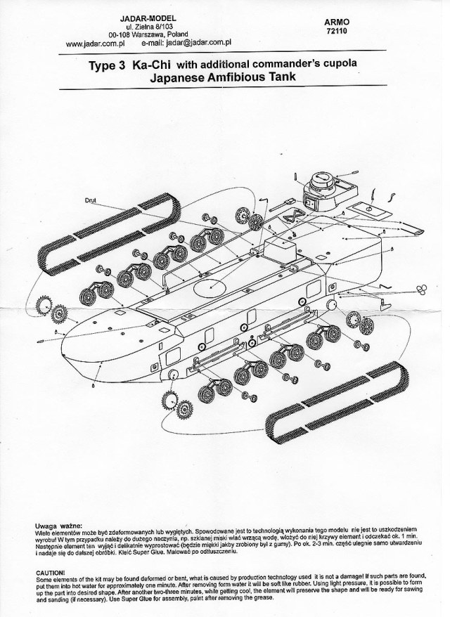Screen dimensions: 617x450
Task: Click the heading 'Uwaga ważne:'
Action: [58, 525]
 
